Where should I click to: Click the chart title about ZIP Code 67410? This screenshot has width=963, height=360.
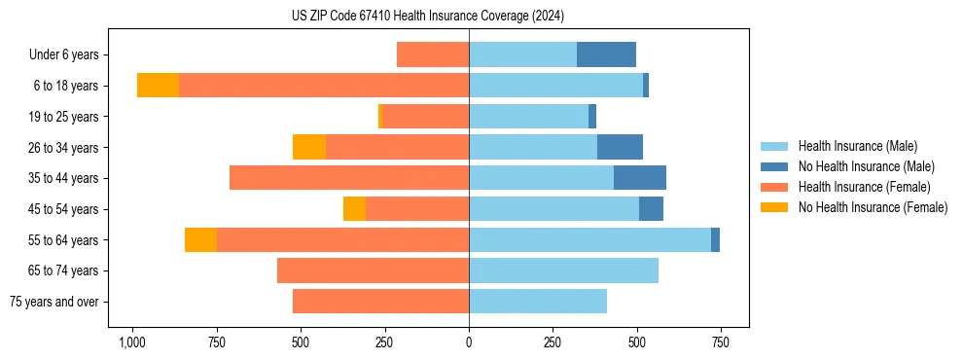428,17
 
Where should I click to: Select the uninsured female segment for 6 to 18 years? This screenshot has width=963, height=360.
158,86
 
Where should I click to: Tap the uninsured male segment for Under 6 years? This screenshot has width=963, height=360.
606,54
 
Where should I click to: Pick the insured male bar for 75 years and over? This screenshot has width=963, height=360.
538,302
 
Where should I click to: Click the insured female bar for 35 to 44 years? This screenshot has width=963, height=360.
349,178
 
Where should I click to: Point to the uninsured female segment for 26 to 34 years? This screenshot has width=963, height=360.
309,147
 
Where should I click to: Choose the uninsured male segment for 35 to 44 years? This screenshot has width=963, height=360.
640,178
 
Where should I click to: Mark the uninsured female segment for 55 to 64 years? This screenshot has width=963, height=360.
200,239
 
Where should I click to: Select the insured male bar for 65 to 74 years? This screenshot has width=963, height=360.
563,270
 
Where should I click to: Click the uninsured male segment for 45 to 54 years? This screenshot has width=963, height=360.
651,209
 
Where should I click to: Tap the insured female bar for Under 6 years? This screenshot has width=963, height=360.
433,54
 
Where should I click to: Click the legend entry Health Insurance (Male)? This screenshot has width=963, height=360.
856,146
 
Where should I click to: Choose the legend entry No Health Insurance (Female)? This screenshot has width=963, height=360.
873,207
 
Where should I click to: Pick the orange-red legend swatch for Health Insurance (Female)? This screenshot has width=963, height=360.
775,187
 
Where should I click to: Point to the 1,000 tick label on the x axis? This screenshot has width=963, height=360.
132,342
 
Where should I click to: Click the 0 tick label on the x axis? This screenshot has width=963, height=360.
469,342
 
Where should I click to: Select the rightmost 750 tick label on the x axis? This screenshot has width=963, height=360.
720,342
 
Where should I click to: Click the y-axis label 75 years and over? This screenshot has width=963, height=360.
53,302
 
